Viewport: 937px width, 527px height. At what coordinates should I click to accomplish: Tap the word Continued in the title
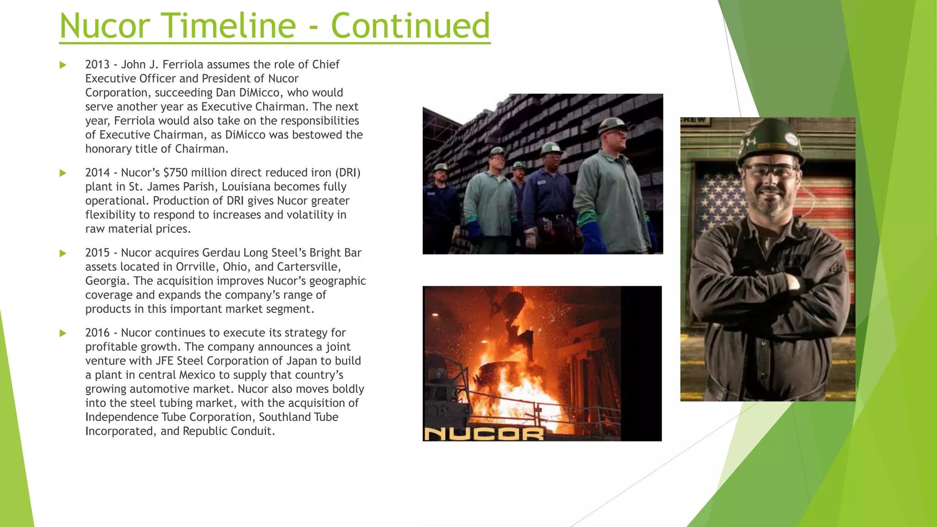[x=410, y=26]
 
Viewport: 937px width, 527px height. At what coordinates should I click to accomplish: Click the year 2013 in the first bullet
[x=97, y=65]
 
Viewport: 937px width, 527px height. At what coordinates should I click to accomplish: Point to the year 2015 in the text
[x=97, y=253]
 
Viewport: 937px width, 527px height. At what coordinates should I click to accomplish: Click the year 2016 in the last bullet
[x=97, y=333]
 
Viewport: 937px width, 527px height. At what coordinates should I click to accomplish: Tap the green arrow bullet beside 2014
[x=63, y=173]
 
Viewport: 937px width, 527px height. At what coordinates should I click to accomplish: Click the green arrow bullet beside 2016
[x=63, y=333]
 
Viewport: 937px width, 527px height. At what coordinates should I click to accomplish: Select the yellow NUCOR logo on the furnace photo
[x=484, y=433]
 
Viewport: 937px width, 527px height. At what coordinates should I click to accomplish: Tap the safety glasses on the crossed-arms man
[x=770, y=172]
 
